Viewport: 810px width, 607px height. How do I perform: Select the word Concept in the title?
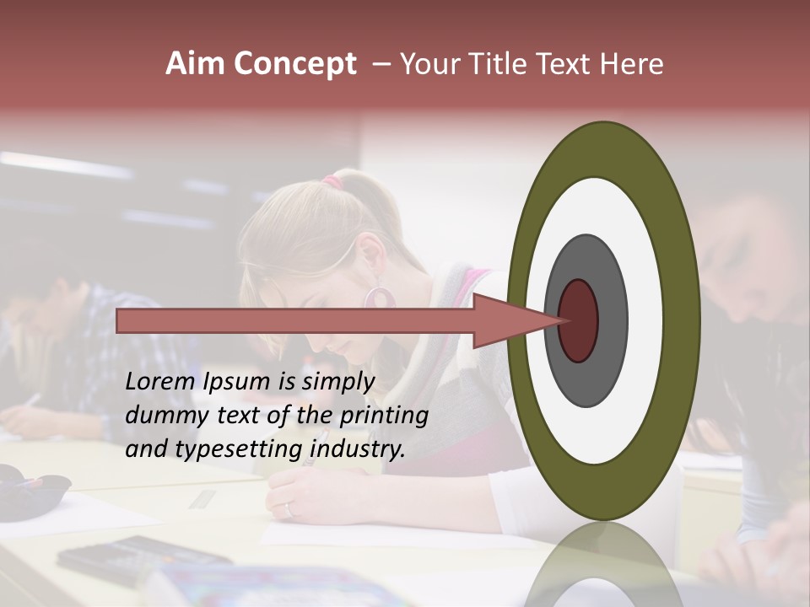[x=294, y=65]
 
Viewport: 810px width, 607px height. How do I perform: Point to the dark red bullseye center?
[x=579, y=320]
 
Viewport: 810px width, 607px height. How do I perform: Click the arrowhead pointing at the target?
[x=515, y=320]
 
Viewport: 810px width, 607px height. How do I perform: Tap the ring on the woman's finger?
[x=289, y=508]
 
